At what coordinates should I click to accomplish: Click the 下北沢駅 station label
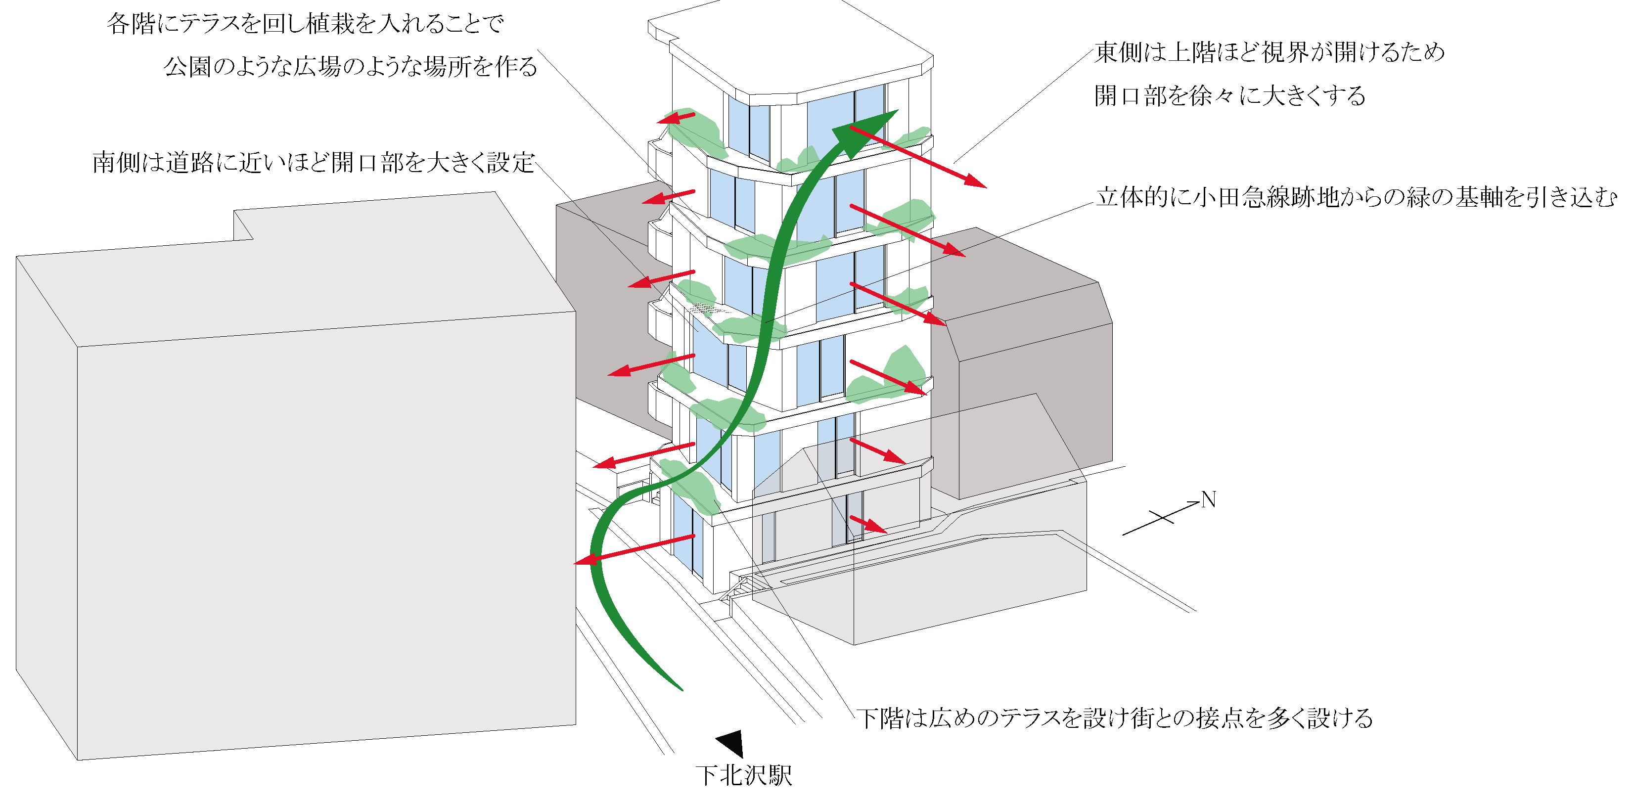click(x=744, y=775)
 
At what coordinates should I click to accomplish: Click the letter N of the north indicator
click(x=1208, y=500)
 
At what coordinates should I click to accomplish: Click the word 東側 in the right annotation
click(x=1119, y=52)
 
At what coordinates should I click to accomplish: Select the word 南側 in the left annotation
click(x=116, y=163)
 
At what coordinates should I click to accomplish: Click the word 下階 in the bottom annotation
click(x=880, y=718)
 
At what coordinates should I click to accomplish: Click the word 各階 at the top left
click(x=130, y=23)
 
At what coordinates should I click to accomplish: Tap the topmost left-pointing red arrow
click(x=676, y=118)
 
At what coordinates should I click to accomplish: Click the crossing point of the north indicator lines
click(x=1163, y=518)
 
